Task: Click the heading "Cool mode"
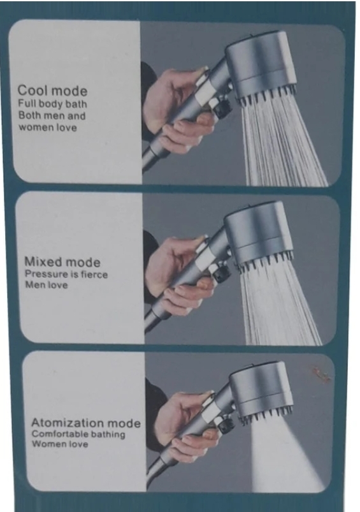(x=52, y=91)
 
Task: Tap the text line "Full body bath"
(x=52, y=104)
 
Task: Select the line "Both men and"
(x=52, y=115)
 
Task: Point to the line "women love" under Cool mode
(x=48, y=127)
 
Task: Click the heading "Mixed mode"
(x=62, y=262)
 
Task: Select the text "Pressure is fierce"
(x=66, y=274)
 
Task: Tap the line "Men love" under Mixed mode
(x=47, y=285)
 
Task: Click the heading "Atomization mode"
(x=86, y=423)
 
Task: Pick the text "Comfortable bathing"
(x=78, y=434)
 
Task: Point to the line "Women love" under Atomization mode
(x=60, y=444)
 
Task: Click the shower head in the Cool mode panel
(x=261, y=67)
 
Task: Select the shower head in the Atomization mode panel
(x=261, y=390)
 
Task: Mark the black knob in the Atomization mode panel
(x=226, y=425)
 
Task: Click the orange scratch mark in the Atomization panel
(x=322, y=374)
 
